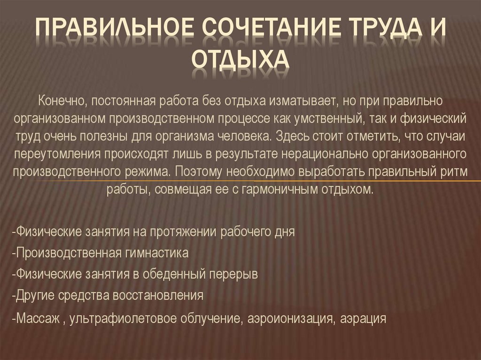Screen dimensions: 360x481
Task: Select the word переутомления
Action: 56,154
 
